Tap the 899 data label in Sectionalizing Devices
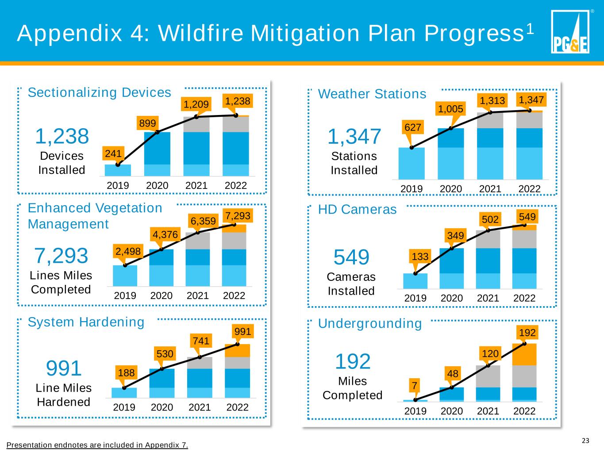(147, 123)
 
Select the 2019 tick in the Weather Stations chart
(412, 189)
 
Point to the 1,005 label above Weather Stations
(450, 108)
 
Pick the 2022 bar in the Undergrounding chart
(524, 372)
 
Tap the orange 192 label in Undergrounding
(527, 332)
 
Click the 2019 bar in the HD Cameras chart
(415, 281)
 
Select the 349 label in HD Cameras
(455, 236)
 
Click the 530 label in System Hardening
(165, 354)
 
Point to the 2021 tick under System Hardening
(200, 407)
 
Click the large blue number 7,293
(61, 256)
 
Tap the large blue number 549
(351, 257)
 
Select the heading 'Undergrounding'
(370, 323)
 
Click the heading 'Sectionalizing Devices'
(99, 92)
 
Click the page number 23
(585, 441)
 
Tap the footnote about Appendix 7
(97, 445)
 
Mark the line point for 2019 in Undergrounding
(415, 399)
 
